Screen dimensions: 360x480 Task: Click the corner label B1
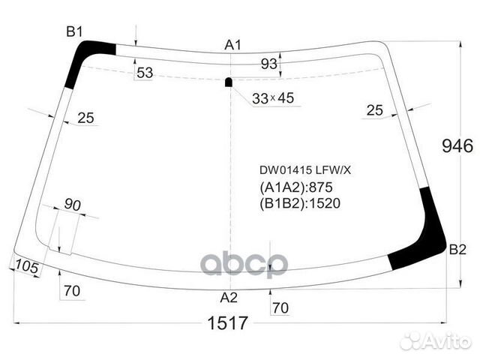[x=74, y=31]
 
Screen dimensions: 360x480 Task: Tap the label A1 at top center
[x=233, y=45]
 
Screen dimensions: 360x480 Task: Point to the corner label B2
[x=457, y=249]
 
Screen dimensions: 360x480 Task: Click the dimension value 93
[x=268, y=64]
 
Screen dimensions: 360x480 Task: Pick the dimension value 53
[x=145, y=72]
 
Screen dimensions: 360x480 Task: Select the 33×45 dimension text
[x=273, y=98]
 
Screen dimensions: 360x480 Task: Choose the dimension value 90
[x=72, y=205]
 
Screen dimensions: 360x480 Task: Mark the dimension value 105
[x=25, y=265]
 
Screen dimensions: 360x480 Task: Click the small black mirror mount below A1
[x=229, y=82]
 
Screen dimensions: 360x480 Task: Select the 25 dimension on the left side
[x=85, y=118]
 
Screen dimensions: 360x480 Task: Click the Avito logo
[x=436, y=341]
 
